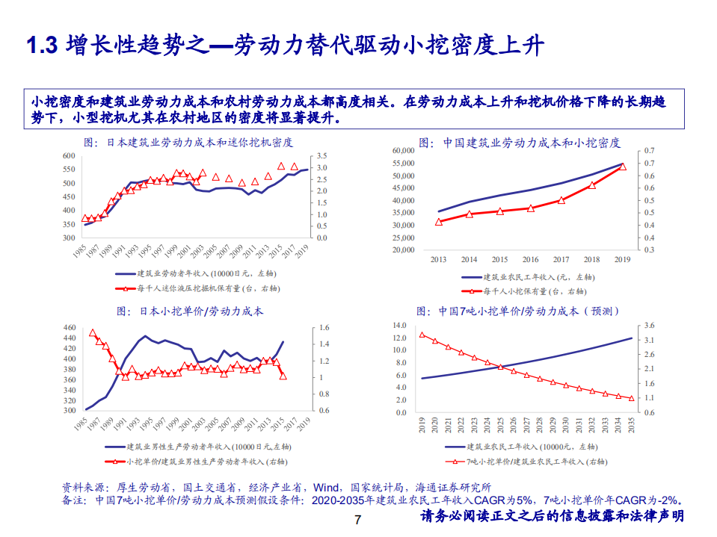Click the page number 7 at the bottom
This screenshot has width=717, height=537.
click(357, 520)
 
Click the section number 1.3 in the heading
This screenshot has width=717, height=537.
click(42, 46)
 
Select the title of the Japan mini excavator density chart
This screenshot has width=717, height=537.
click(188, 142)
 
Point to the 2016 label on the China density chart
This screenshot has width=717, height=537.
click(530, 259)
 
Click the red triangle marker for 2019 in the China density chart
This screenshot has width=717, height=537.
click(622, 167)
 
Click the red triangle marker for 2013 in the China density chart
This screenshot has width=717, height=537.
click(439, 222)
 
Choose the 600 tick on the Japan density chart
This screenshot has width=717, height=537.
click(70, 156)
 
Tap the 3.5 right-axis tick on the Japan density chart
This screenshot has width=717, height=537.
click(322, 155)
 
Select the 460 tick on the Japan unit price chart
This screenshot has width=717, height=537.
click(70, 328)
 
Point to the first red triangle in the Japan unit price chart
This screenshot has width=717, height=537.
click(93, 333)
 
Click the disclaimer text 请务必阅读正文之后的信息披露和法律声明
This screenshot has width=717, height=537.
click(553, 517)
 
